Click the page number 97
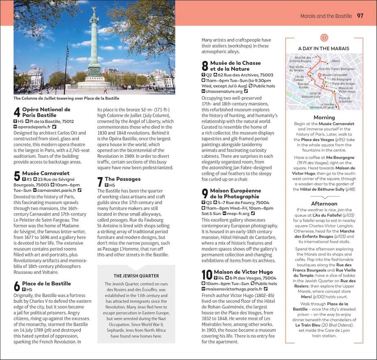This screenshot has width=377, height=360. click(x=360, y=16)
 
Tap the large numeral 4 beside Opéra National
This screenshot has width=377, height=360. click(x=17, y=112)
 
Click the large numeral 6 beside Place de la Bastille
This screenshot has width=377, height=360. click(x=17, y=286)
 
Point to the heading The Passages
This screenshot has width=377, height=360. click(x=123, y=179)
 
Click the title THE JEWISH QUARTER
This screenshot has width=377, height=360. click(x=136, y=275)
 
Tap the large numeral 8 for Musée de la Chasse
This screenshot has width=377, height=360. click(x=205, y=66)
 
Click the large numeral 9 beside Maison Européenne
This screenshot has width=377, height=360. click(x=205, y=194)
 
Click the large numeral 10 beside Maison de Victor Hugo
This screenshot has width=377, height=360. click(x=207, y=275)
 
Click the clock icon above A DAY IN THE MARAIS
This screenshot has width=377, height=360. click(x=324, y=38)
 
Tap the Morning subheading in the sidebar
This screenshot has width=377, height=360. click(x=324, y=118)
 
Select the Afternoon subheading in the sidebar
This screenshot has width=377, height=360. click(x=324, y=204)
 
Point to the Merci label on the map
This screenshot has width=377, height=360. click(x=336, y=61)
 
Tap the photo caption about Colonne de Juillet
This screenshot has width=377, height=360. click(x=66, y=98)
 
